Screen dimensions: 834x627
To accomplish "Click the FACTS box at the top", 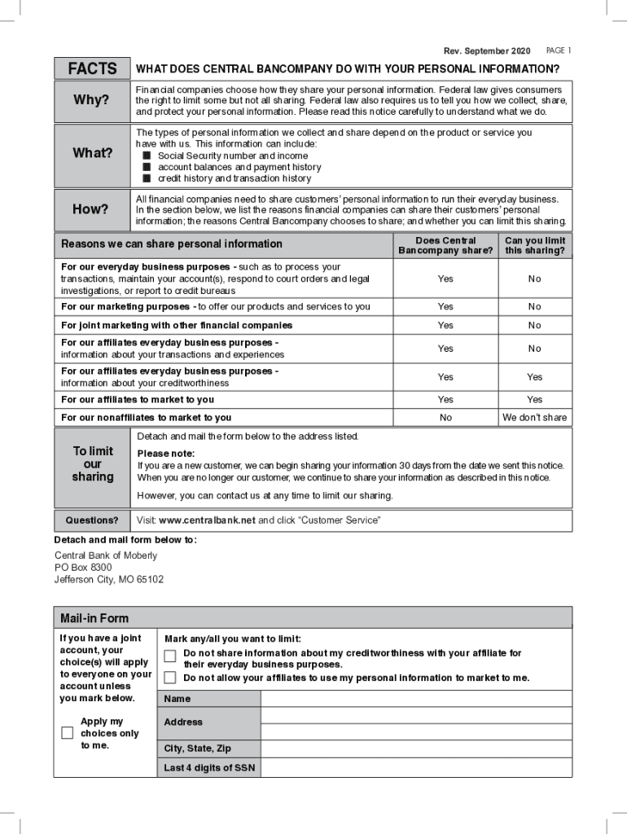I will coord(91,68).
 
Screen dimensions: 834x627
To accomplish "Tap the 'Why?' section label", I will coord(91,100).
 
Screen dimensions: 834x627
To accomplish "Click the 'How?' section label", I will coord(91,209).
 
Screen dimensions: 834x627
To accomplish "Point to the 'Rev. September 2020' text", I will coord(486,51).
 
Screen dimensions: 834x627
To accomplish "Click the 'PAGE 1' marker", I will coord(559,50).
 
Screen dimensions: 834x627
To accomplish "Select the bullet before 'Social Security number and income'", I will coord(147,156).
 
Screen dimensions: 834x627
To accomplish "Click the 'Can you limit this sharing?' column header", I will coord(534,245).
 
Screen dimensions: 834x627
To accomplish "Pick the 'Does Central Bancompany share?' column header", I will coord(445,245).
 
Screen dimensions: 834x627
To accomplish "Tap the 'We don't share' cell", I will coord(534,418).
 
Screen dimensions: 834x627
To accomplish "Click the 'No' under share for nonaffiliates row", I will coord(445,418).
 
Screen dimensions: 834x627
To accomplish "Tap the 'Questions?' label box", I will coord(91,520).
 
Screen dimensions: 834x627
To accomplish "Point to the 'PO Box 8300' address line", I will coord(83,567).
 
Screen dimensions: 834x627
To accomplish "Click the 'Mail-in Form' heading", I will coord(94,618).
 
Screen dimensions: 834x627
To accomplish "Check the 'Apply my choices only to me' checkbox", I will coord(68,733).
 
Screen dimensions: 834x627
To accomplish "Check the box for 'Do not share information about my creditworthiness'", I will coord(170,656).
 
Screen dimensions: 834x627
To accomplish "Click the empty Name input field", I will coord(416,698).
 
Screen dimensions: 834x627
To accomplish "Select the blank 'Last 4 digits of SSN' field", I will coord(416,767).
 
